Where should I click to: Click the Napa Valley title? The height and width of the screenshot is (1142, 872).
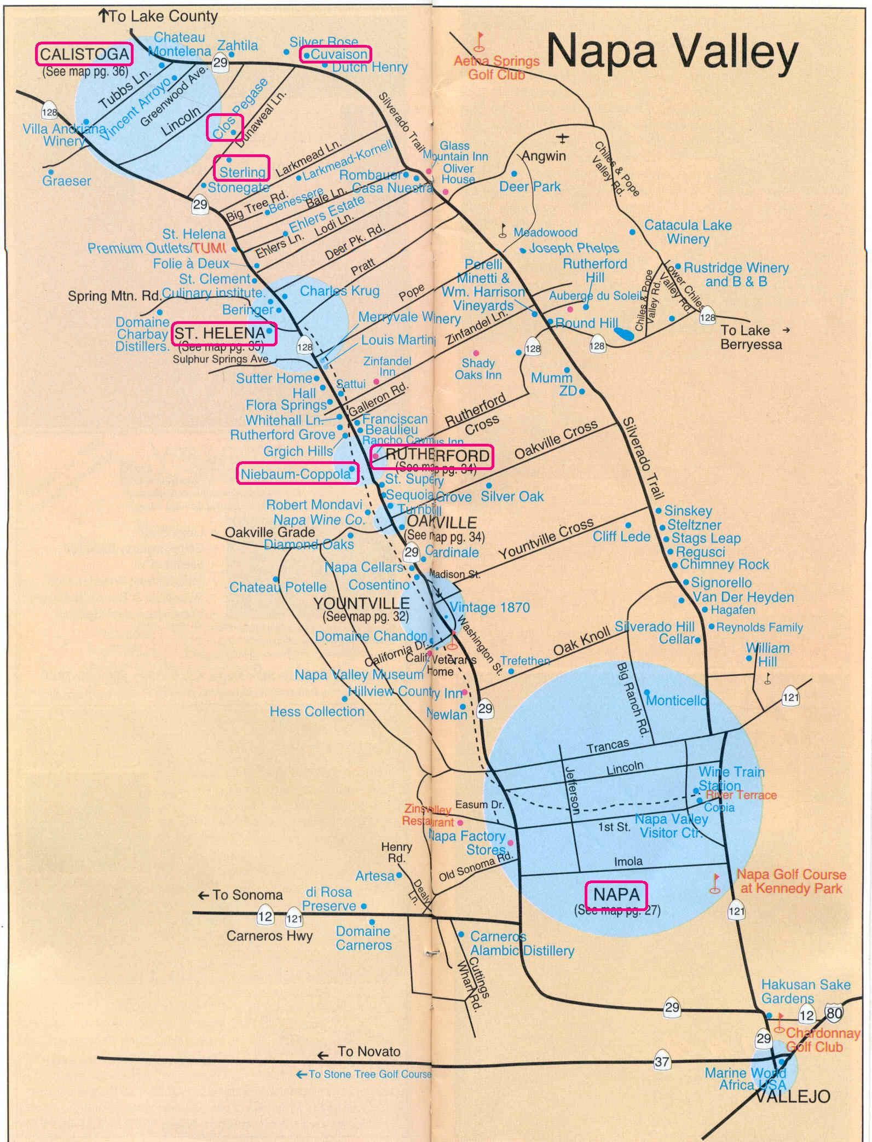[x=672, y=54]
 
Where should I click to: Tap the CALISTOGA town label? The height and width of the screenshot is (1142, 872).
[x=84, y=54]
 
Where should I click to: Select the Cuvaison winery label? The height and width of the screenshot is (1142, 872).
[x=336, y=54]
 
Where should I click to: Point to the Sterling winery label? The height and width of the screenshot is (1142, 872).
[x=241, y=172]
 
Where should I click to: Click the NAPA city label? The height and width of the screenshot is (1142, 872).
[x=616, y=895]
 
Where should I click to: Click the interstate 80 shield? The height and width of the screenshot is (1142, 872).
[x=834, y=998]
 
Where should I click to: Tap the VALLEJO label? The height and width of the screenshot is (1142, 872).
[x=793, y=1096]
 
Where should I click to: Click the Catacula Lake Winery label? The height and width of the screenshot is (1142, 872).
[x=688, y=231]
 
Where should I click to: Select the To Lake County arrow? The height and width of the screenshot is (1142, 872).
[x=103, y=16]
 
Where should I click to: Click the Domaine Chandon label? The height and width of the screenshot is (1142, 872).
[x=371, y=636]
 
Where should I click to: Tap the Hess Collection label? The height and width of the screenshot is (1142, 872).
[x=316, y=711]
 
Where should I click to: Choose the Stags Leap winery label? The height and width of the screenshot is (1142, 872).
[x=706, y=538]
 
